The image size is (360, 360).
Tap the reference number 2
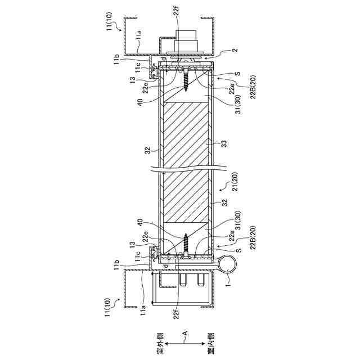[236, 50]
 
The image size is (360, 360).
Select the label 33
[224, 143]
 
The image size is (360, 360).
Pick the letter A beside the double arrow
[185, 333]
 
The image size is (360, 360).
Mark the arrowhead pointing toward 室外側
[166, 344]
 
